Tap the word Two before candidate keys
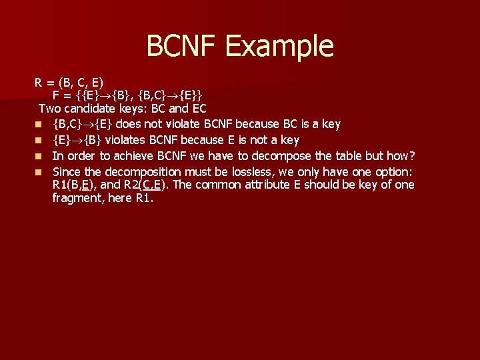click(x=50, y=108)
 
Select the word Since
click(x=67, y=171)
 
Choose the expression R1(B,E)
click(x=73, y=185)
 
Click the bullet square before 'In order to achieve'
click(x=39, y=156)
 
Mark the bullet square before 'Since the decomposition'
click(x=39, y=172)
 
